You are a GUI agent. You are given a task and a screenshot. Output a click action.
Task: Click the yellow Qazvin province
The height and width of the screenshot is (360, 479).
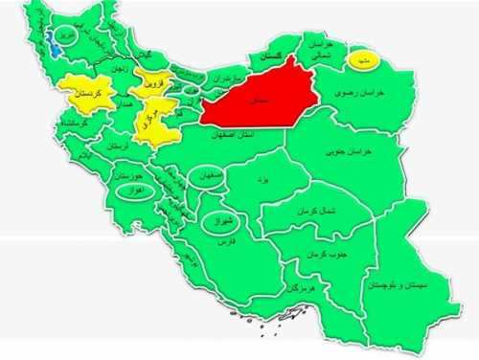pyautogui.click(x=151, y=84)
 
